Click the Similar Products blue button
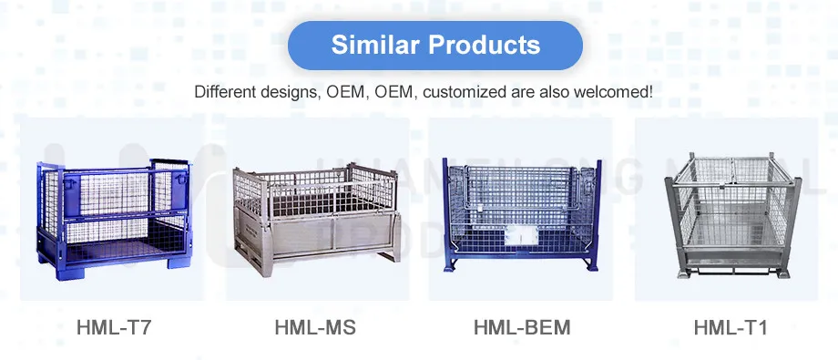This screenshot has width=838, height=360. click(x=435, y=46)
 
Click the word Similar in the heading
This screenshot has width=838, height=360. click(x=373, y=46)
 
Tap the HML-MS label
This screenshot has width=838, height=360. click(x=315, y=326)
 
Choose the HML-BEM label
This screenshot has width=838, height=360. click(x=523, y=326)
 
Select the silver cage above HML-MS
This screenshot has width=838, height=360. click(x=316, y=219)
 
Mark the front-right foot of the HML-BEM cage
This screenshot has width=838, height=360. click(x=598, y=268)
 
